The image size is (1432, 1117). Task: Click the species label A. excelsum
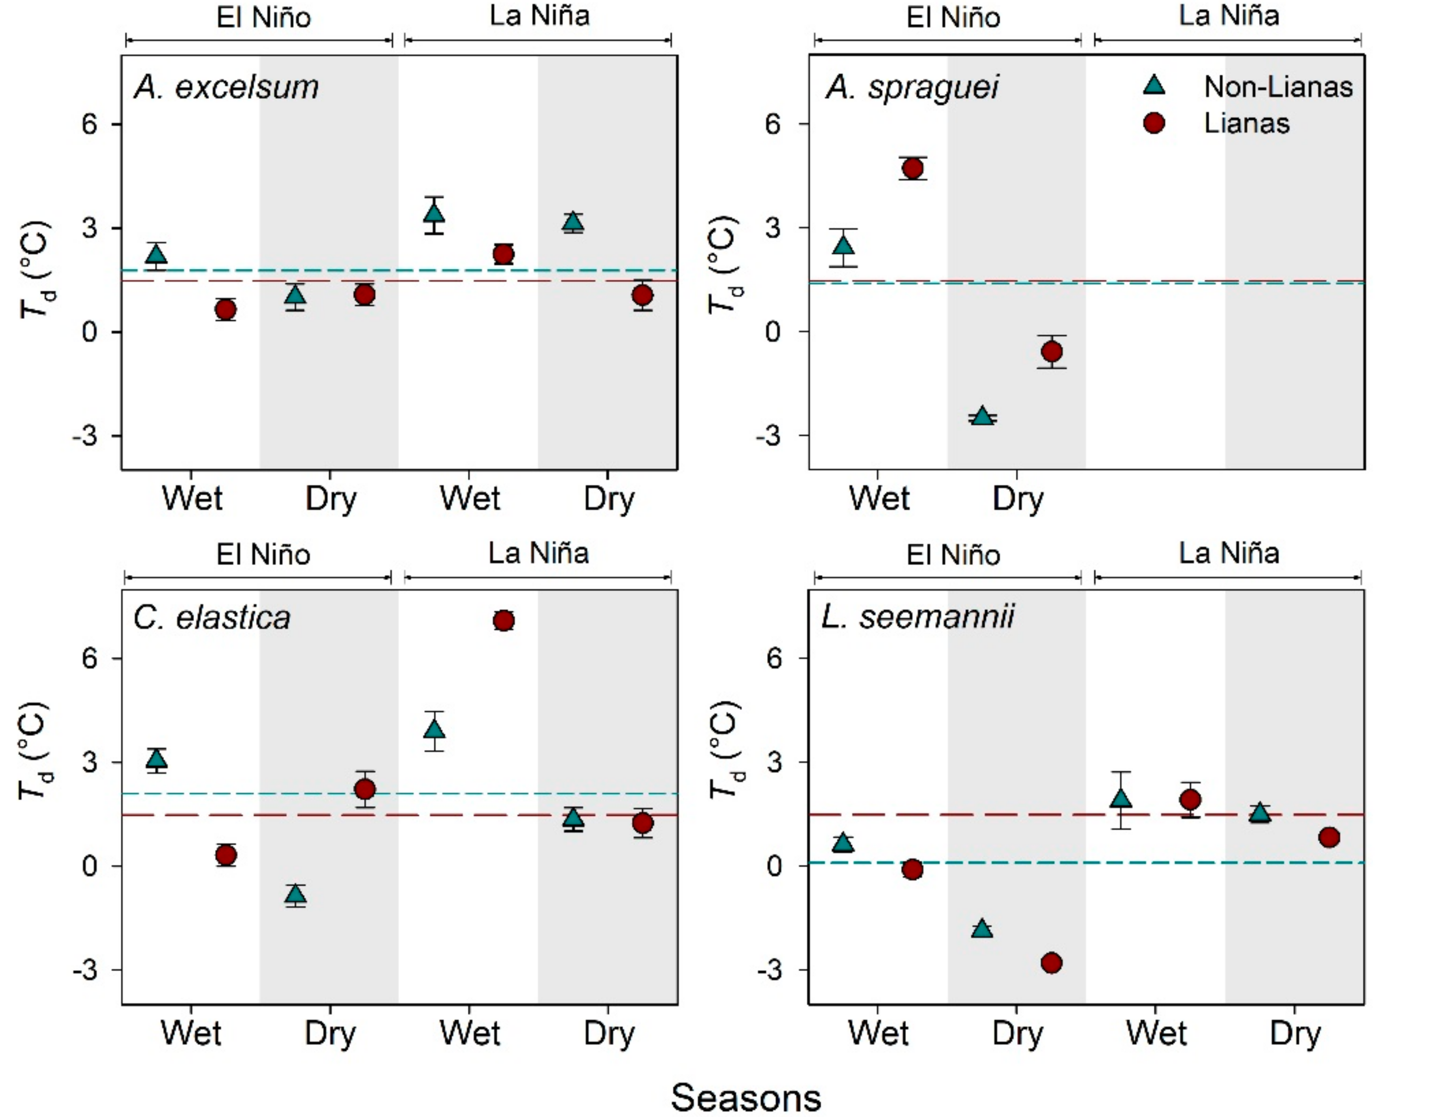pos(226,87)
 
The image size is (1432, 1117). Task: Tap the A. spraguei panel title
pos(912,87)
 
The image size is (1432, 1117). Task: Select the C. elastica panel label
pos(212,618)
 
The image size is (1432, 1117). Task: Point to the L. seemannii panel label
pos(918,617)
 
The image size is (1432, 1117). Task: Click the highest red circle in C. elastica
pos(503,620)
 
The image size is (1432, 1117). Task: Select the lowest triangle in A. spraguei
pos(982,416)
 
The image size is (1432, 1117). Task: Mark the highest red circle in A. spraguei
pos(913,168)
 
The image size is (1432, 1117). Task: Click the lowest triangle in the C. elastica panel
pos(296,893)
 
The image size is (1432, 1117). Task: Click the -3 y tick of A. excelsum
pos(88,436)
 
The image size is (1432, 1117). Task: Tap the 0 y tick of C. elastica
pos(90,866)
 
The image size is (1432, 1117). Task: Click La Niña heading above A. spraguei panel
pos(1229,16)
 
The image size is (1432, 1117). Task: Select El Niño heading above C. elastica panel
pos(263,554)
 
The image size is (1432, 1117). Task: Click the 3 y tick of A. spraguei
pos(774,228)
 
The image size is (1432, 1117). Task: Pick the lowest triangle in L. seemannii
pos(982,928)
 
